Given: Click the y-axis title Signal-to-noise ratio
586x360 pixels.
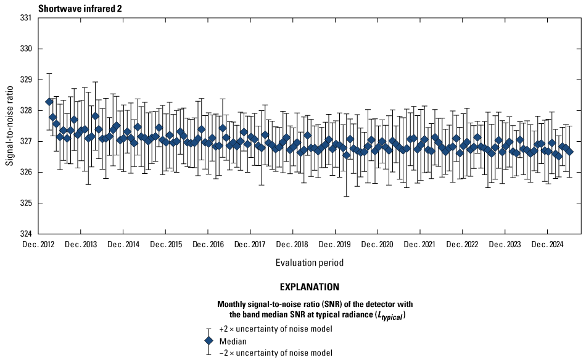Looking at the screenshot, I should (x=10, y=126).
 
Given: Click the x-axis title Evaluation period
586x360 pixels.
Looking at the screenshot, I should (x=310, y=263).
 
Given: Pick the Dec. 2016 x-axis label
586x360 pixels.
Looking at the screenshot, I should (x=208, y=245).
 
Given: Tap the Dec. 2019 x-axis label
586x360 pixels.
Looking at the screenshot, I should (x=335, y=245).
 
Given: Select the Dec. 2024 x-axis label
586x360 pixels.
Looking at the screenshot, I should (x=547, y=245).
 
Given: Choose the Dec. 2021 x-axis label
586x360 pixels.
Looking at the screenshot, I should (x=420, y=245).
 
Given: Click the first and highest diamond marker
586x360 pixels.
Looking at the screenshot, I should (x=49, y=101).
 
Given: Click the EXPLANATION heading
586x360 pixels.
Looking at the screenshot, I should (x=310, y=287).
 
